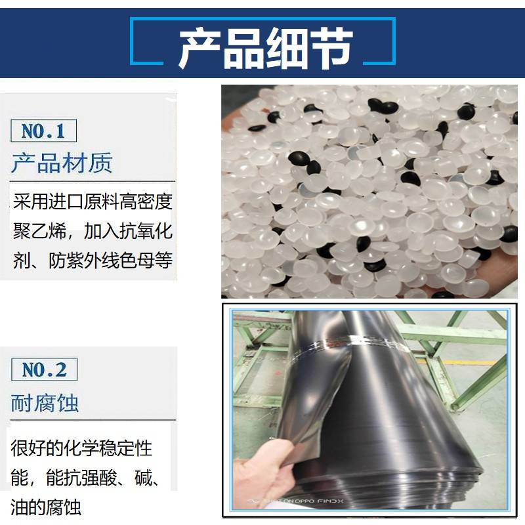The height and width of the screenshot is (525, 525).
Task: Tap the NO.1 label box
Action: point(43,131)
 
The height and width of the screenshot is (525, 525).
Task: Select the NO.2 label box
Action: point(44,369)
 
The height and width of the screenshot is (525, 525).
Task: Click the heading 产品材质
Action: point(62,163)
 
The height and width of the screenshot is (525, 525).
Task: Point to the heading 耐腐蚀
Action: point(45,403)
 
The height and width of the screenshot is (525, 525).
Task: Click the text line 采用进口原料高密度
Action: point(93,201)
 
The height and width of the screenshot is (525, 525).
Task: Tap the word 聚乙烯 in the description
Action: point(39,231)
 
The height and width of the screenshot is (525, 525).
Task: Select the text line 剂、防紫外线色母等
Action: point(93,260)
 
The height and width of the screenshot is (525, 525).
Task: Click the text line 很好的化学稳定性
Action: point(81,448)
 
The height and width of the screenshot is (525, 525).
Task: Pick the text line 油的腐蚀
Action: point(46,507)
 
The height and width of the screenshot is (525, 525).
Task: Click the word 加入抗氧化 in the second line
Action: point(128,231)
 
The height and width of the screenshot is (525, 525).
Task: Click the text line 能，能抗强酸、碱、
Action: point(85,478)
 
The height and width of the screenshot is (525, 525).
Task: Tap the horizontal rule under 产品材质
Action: point(93,181)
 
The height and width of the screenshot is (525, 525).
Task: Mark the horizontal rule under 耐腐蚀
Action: point(93,419)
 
